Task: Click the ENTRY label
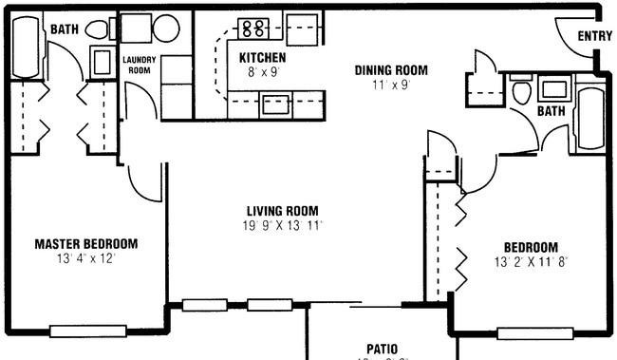coord(594,36)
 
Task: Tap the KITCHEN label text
coord(262,58)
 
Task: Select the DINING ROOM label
coord(391,70)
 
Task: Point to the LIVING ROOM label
coord(283,211)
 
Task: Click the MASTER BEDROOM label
coord(86,244)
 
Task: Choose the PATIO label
coord(383,349)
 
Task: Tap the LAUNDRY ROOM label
coord(140,65)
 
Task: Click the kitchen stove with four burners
coord(253,28)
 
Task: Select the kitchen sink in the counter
coord(275,105)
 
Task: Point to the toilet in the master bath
coord(97,29)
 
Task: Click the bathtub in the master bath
coord(26,47)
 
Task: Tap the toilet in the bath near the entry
coord(521,90)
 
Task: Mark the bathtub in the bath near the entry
coord(591,118)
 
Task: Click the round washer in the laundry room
coord(166,28)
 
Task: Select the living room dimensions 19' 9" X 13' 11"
coord(283,226)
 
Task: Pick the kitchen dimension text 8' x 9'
coord(263,72)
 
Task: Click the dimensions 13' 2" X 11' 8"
coord(531,262)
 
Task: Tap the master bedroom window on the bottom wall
coord(88,332)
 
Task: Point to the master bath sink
coord(103,62)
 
